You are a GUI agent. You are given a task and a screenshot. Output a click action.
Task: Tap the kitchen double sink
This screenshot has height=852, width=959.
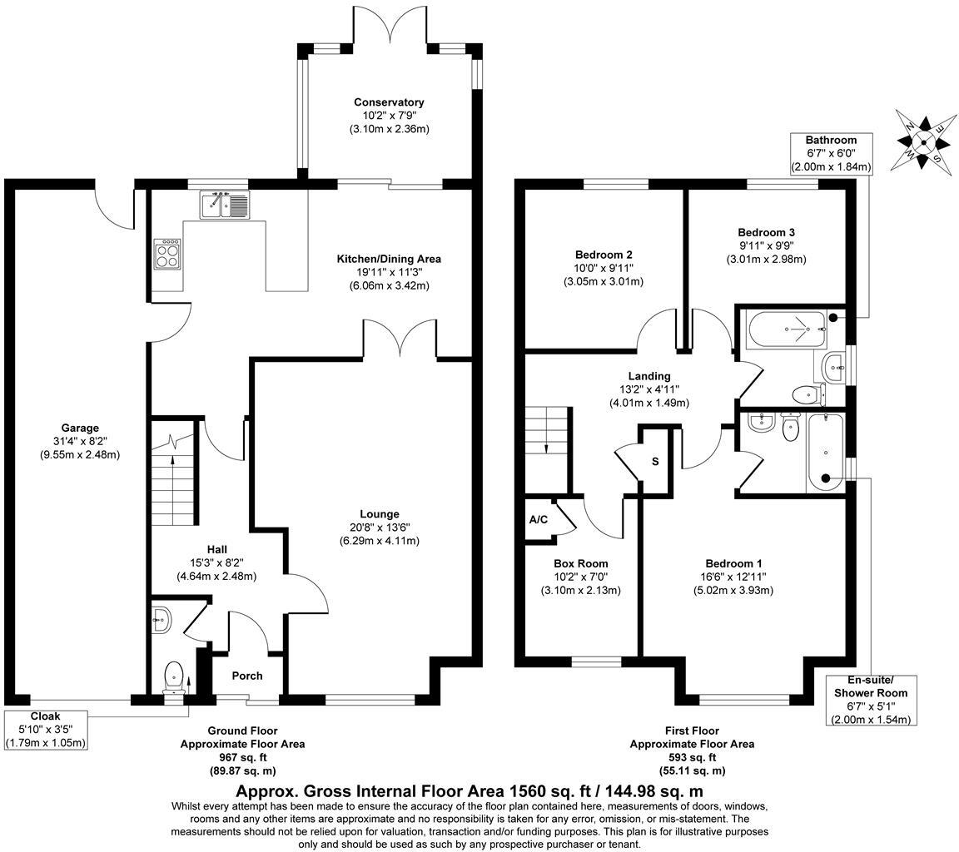coord(224,205)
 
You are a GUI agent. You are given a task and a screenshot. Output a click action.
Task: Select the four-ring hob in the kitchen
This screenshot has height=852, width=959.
coord(166,254)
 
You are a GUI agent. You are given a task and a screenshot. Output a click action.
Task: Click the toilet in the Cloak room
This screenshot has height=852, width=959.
coord(174,674)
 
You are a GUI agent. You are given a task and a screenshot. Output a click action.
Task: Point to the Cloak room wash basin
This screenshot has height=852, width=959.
coord(162,617)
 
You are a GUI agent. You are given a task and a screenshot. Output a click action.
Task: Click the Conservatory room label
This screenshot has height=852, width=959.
coord(389,102)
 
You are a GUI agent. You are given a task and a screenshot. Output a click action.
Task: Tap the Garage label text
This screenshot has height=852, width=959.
coord(79,428)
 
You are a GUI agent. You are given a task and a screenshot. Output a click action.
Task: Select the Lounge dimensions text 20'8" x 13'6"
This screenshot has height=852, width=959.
coord(379,528)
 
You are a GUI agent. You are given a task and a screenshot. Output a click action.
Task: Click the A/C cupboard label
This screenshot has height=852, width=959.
coord(539,520)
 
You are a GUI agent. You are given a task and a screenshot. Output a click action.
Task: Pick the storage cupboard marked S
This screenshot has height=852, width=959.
coord(655,461)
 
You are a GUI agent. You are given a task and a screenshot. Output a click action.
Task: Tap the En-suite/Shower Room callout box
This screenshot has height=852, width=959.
coord(871,700)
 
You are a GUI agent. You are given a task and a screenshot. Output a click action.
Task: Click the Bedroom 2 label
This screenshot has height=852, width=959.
coord(604,255)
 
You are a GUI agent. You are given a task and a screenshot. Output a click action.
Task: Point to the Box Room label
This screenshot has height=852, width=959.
coord(580,563)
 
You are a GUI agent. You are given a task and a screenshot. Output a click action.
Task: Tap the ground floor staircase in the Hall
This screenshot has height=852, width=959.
coord(173,483)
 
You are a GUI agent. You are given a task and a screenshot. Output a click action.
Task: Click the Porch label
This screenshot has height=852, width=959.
coord(246,676)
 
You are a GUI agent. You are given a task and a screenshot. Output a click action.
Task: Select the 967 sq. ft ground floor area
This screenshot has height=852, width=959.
coord(242,757)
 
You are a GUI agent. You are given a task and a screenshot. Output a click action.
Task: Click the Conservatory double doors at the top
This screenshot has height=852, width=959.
coord(390,25)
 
